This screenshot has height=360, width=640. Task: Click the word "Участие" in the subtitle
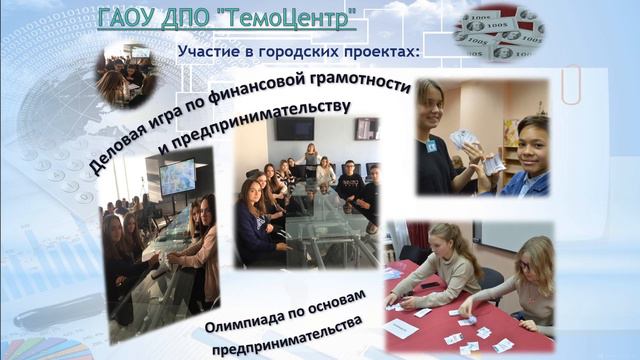207,50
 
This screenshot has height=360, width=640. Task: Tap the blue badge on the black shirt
432,146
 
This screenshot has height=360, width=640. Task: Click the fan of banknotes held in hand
463,140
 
